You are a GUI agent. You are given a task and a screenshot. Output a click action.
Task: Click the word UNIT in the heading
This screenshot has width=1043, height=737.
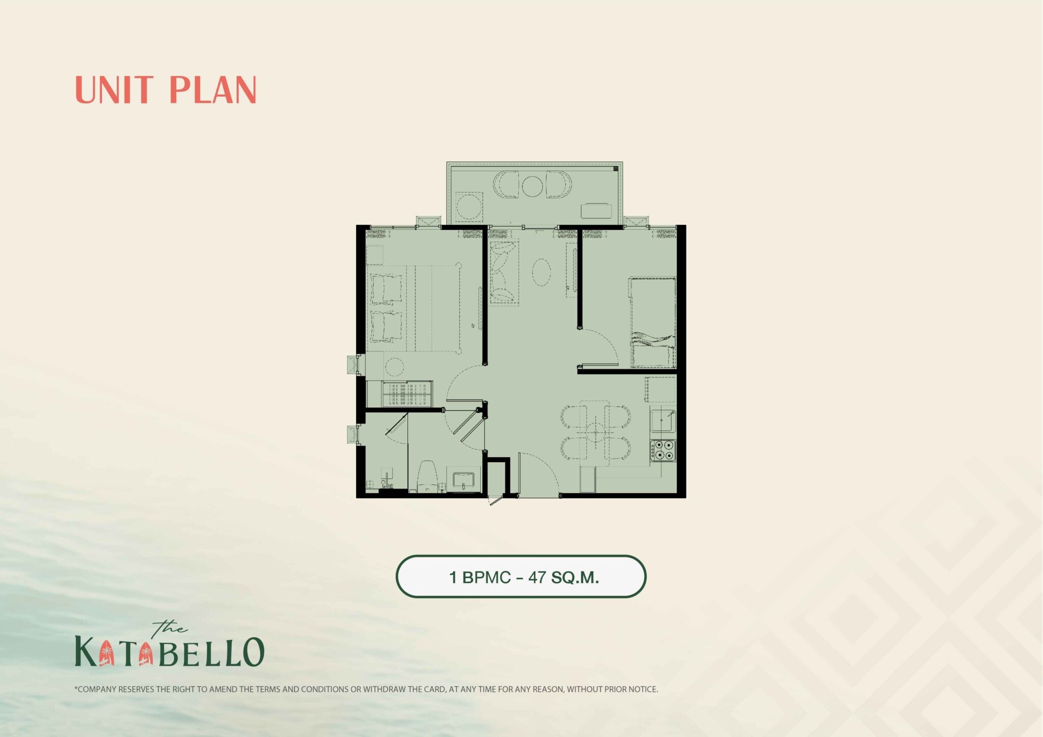tap(114, 90)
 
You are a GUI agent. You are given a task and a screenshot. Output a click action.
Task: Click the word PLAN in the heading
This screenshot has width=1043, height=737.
tap(213, 90)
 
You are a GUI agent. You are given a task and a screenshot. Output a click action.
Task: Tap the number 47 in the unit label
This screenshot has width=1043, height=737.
tap(537, 577)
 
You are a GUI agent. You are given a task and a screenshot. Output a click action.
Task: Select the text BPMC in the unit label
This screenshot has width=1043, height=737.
tap(486, 577)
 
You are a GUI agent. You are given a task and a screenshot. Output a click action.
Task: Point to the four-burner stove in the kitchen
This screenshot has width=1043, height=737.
tap(663, 451)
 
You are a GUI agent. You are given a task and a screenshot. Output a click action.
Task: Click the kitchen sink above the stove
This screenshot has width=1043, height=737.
tap(663, 420)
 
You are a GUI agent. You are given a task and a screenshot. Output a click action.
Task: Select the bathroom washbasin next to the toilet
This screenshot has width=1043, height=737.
tap(463, 480)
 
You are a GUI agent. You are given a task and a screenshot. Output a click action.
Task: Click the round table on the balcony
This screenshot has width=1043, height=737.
tap(532, 186)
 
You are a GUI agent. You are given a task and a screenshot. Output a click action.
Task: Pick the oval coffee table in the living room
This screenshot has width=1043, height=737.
tap(541, 273)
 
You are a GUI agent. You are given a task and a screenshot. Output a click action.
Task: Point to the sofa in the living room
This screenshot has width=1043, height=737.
tap(504, 272)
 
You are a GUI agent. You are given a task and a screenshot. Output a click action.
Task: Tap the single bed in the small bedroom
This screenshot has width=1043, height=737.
tap(653, 322)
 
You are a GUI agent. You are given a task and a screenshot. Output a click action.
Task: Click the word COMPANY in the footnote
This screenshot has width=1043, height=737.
tap(97, 689)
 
